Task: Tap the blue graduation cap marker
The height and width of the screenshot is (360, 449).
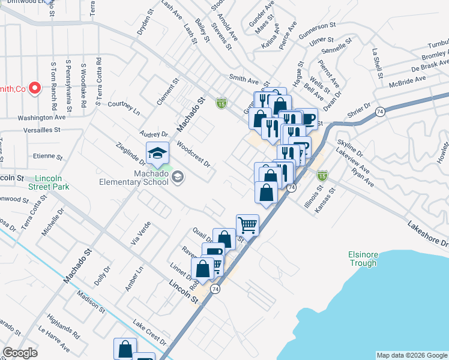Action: pyautogui.click(x=157, y=154)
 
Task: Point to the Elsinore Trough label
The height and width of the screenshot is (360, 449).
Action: pyautogui.click(x=363, y=258)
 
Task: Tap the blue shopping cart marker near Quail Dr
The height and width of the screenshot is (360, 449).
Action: pyautogui.click(x=247, y=226)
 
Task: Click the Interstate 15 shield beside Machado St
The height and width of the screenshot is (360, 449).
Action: pyautogui.click(x=221, y=103)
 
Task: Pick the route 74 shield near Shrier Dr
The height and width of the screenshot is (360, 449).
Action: pyautogui.click(x=380, y=112)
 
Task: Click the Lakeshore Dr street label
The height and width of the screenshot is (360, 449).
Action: pyautogui.click(x=427, y=234)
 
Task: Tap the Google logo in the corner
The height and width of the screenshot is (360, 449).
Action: pyautogui.click(x=20, y=353)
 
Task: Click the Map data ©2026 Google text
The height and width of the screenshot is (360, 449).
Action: pyautogui.click(x=412, y=355)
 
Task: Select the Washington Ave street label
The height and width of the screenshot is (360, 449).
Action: pyautogui.click(x=40, y=118)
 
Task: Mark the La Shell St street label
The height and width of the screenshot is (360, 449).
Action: pyautogui.click(x=377, y=64)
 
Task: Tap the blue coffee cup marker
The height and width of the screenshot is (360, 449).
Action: pyautogui.click(x=307, y=118)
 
